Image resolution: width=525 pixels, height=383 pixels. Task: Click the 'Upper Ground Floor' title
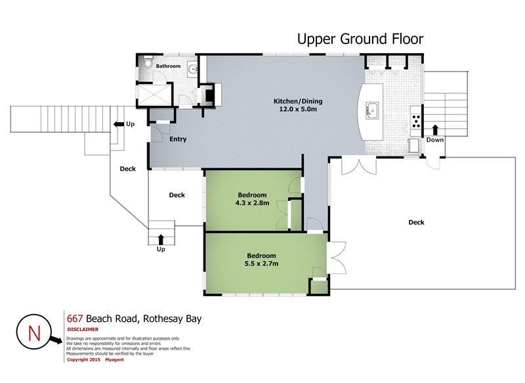[x=360, y=39]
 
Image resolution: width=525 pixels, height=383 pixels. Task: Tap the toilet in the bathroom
[x=147, y=63]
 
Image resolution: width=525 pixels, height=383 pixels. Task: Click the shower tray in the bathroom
[x=154, y=95]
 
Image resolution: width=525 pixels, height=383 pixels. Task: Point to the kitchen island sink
[x=372, y=110]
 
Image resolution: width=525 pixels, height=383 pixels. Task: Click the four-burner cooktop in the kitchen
[x=416, y=122]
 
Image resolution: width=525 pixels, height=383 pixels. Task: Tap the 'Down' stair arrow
[x=435, y=130]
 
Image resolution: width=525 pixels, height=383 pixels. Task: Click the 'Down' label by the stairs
[x=435, y=140]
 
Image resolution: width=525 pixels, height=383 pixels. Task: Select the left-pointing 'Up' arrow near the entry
[x=119, y=124]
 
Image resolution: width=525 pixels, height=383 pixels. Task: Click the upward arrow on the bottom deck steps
[x=161, y=240]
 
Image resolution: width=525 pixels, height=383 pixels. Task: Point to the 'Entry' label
[x=178, y=139]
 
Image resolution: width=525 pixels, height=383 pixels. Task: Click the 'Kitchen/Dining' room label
[x=298, y=101]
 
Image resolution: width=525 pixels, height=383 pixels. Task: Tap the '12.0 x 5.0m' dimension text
[x=298, y=109]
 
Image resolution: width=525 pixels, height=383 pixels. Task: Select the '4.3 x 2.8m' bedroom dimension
[x=252, y=203]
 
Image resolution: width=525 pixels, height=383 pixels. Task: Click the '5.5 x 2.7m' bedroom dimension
[x=261, y=263]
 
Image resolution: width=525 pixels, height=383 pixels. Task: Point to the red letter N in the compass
[x=34, y=333]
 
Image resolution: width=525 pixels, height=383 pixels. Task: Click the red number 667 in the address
[x=75, y=319]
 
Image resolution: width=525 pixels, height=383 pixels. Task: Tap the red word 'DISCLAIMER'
[x=83, y=329]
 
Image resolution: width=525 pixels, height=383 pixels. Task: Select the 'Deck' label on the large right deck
[x=416, y=222]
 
